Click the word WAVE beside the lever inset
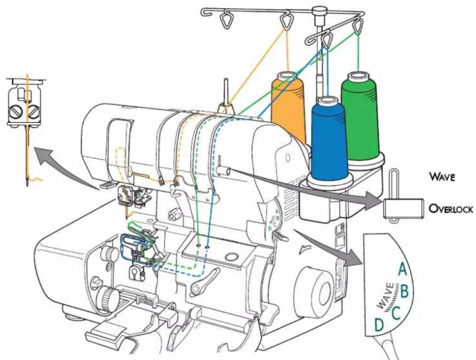click(442, 176)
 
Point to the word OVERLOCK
click(451, 209)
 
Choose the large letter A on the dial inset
click(402, 269)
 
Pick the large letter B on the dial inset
click(405, 291)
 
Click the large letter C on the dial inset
click(395, 313)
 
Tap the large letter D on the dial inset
click(379, 325)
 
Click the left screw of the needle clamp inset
click(16, 112)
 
